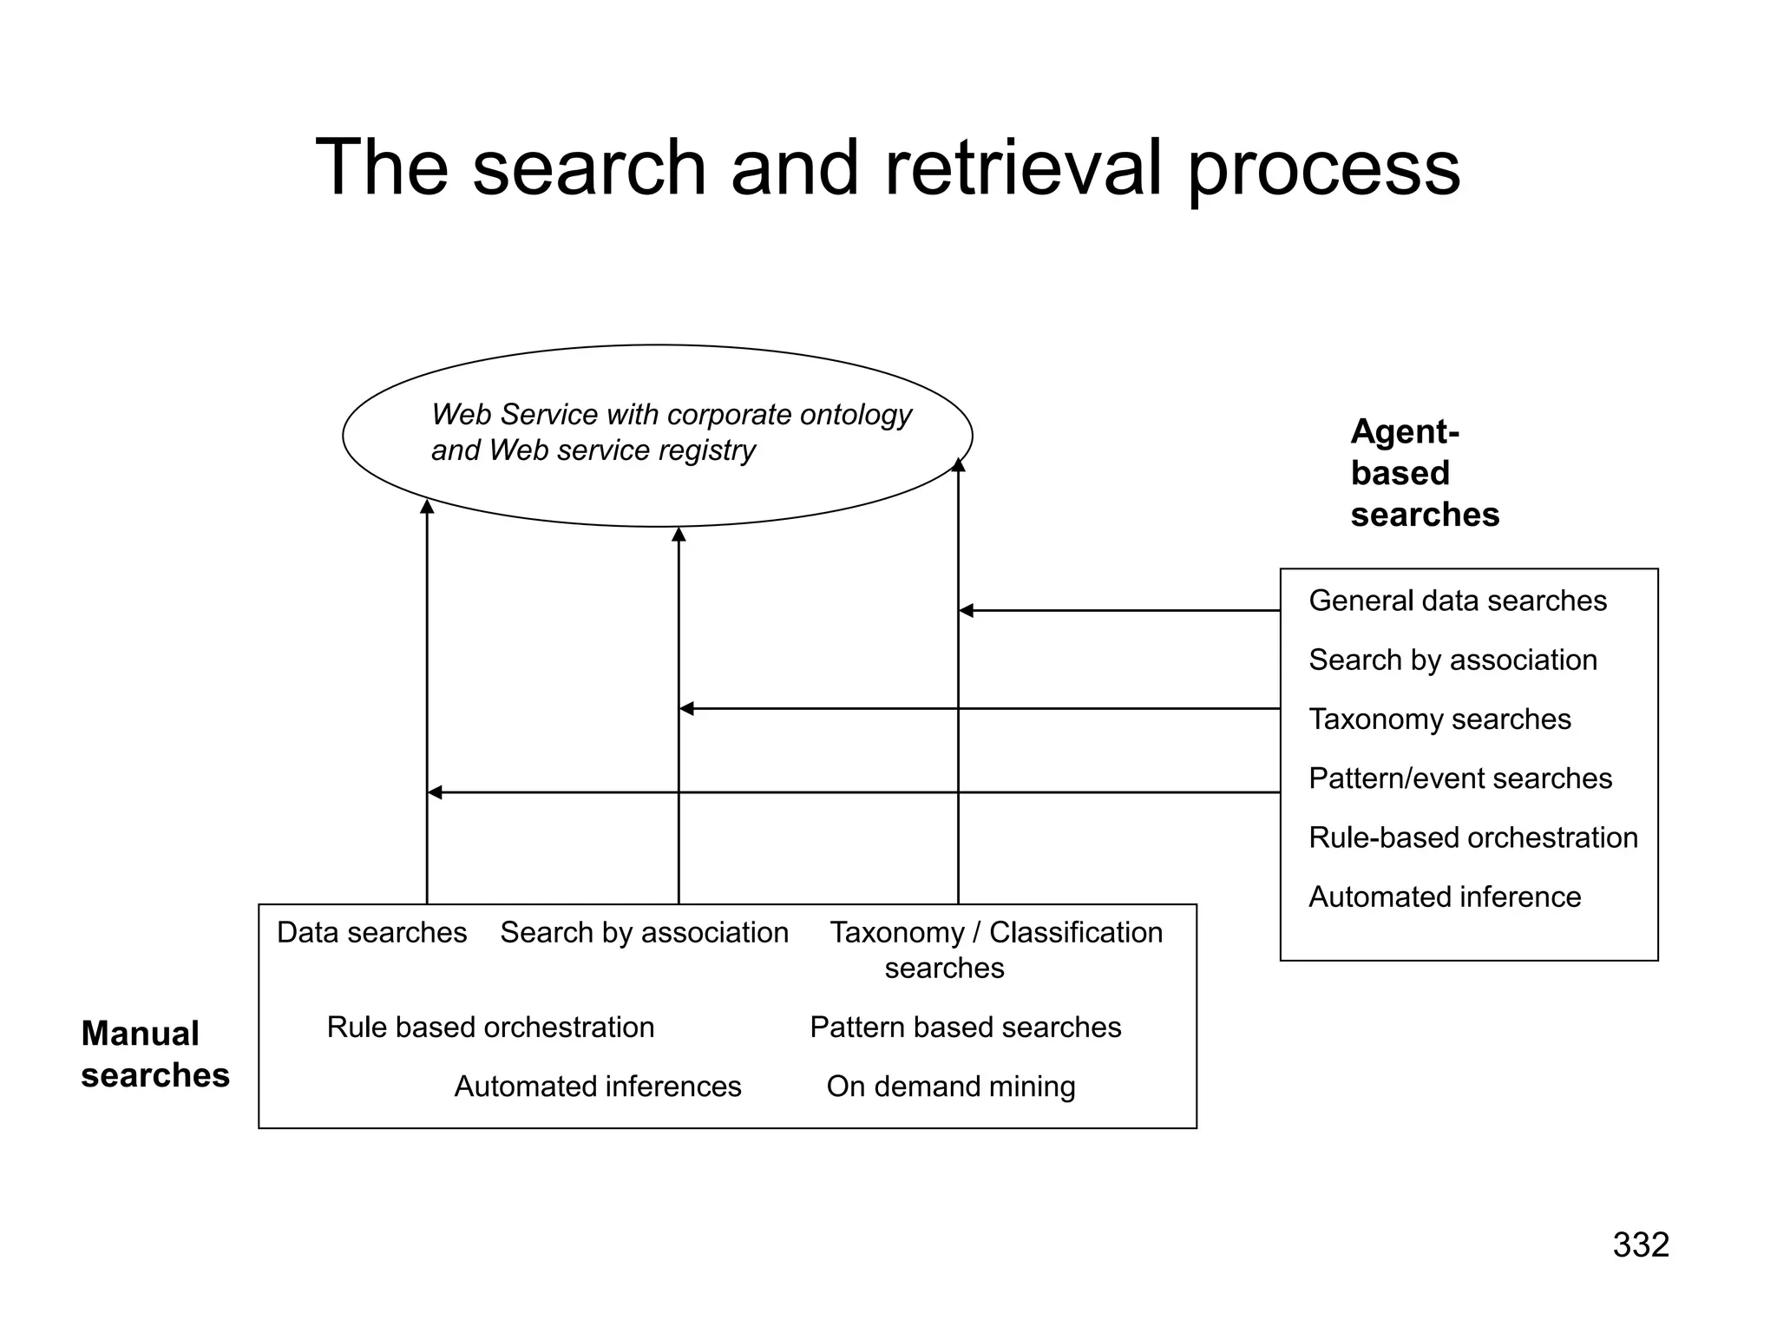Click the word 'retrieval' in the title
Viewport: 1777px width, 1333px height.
point(1023,167)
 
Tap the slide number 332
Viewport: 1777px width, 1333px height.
point(1640,1245)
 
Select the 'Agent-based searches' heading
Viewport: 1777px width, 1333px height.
point(1424,473)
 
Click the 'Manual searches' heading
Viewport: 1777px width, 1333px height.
point(154,1054)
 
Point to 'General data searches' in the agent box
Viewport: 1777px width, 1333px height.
point(1457,601)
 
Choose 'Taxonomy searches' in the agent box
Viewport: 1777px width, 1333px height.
point(1439,719)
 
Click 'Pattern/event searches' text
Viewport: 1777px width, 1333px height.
point(1459,778)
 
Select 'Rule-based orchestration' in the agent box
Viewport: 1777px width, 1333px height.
point(1472,837)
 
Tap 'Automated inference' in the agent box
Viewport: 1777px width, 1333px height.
point(1444,896)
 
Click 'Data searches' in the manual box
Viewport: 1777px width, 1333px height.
point(371,932)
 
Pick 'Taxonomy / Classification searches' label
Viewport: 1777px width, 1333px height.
point(995,949)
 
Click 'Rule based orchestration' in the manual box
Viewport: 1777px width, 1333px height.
point(490,1028)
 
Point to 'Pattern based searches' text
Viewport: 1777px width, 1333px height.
point(965,1028)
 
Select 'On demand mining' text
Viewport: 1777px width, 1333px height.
point(950,1087)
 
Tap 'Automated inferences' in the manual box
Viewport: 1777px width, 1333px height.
point(597,1087)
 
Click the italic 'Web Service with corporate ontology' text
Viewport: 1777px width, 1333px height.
point(671,415)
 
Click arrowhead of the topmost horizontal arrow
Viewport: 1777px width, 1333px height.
point(966,611)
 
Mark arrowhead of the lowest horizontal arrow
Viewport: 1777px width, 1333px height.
point(435,792)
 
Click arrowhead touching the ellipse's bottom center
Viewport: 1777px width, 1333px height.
point(679,535)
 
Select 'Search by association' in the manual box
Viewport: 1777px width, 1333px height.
point(644,932)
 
